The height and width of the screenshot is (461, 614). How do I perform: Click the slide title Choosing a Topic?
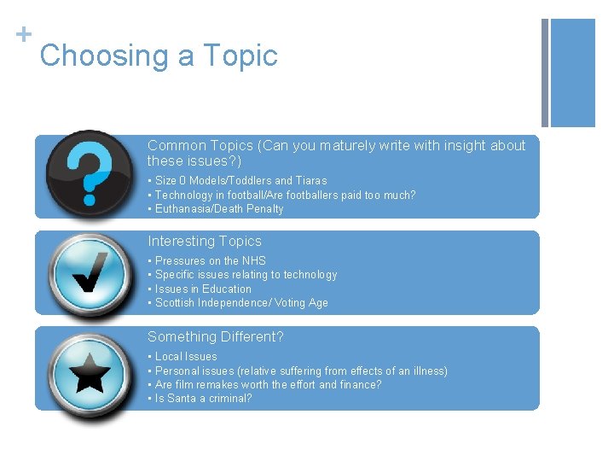[159, 56]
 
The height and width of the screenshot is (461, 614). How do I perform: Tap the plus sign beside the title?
[23, 34]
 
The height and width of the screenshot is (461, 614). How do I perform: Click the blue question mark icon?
[89, 174]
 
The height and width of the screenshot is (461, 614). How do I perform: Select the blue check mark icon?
[89, 273]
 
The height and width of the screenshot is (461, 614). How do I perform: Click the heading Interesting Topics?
[205, 242]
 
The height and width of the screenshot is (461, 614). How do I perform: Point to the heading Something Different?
[216, 337]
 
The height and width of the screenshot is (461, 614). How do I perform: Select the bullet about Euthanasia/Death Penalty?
[216, 209]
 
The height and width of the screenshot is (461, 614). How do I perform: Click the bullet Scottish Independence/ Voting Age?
[238, 303]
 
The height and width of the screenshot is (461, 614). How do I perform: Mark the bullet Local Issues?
[182, 357]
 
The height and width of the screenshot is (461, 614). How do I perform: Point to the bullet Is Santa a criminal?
[200, 399]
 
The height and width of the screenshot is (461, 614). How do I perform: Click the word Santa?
[182, 399]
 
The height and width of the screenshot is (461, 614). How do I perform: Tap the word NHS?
[254, 261]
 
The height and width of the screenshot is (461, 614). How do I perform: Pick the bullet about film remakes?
[265, 385]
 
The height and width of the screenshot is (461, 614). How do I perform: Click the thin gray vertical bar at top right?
[545, 73]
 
